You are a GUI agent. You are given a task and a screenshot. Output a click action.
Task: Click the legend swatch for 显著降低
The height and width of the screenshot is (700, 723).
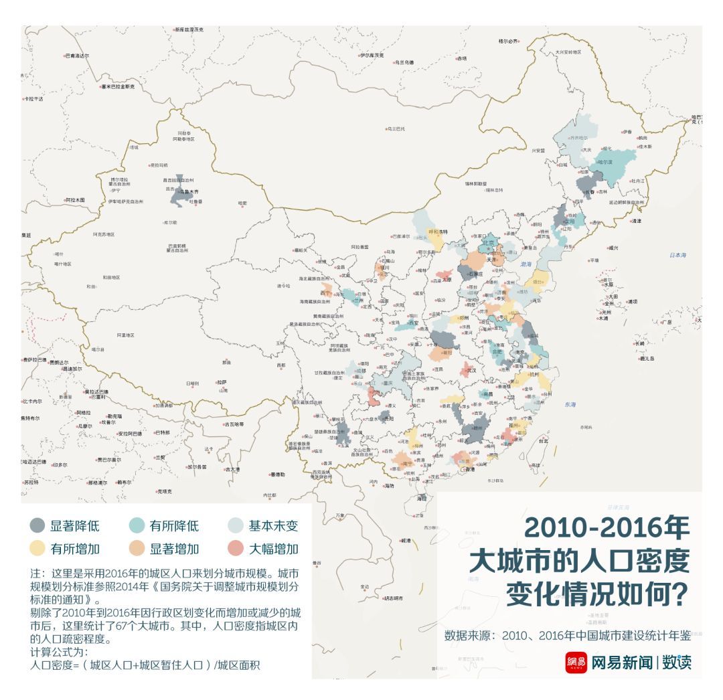(x=38, y=526)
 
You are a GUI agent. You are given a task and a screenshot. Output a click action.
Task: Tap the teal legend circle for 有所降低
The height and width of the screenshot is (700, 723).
(x=138, y=526)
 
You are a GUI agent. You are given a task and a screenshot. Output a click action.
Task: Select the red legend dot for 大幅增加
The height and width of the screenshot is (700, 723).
(x=237, y=549)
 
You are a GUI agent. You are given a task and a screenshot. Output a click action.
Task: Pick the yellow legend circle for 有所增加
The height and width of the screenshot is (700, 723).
(x=38, y=549)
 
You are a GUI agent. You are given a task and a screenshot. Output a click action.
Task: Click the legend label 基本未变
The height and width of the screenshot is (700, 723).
(x=273, y=526)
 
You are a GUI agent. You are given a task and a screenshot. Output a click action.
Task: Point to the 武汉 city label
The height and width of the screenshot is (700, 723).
(x=472, y=369)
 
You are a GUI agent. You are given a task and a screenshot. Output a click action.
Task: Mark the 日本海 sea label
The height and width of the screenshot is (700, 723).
(x=677, y=255)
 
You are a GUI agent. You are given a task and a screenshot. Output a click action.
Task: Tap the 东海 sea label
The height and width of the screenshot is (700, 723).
(x=570, y=404)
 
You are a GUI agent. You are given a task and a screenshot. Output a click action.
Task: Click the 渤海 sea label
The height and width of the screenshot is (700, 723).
(x=527, y=264)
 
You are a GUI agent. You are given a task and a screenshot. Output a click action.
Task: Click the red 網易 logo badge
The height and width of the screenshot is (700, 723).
(x=576, y=663)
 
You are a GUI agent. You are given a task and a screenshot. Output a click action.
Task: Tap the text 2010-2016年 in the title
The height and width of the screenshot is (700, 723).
(x=606, y=529)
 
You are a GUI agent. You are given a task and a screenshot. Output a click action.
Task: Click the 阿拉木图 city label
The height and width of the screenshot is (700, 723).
(x=75, y=200)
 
